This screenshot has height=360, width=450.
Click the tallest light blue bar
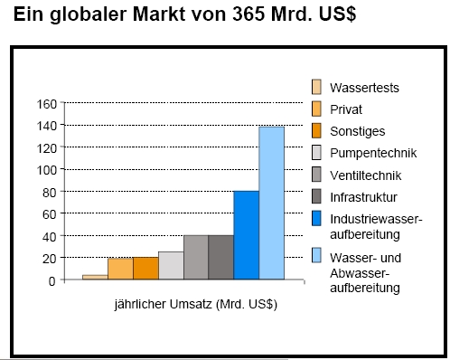coord(271,203)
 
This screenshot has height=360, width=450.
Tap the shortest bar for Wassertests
coord(95,277)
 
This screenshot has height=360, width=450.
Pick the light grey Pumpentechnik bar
coord(171,265)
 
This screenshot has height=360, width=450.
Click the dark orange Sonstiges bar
coord(145,269)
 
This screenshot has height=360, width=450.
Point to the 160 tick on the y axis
coord(45,103)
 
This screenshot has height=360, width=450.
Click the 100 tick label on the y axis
coord(45,170)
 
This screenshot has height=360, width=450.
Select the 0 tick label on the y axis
coord(52,280)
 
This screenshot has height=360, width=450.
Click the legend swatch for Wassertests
coord(316,87)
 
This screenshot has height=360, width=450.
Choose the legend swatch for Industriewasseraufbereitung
coord(316,217)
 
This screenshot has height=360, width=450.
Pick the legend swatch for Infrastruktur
coord(316,195)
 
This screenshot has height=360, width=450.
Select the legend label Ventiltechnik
coord(366,174)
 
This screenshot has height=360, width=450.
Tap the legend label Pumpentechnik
coord(371,152)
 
